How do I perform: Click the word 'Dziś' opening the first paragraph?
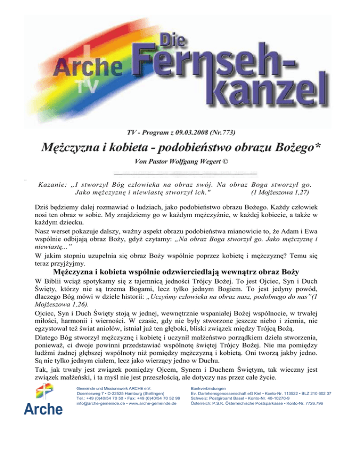pos(43,205)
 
